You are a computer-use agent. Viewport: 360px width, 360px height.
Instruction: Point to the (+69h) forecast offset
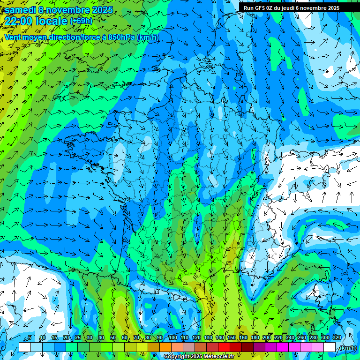[x=81, y=21]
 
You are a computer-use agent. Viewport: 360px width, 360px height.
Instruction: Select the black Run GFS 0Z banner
[x=295, y=7]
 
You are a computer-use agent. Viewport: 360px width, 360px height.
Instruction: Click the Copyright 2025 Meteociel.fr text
[x=199, y=357]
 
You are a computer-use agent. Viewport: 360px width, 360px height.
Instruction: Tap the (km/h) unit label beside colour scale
[x=347, y=348]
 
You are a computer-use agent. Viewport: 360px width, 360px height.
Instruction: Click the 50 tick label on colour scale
[x=112, y=337]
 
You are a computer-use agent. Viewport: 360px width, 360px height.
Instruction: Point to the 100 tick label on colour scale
[x=173, y=337]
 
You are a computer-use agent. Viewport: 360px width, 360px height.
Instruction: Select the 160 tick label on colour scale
[x=243, y=337]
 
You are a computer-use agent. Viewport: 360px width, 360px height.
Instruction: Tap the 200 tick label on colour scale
[x=267, y=337]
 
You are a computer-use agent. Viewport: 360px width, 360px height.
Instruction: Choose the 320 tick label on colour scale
[x=337, y=337]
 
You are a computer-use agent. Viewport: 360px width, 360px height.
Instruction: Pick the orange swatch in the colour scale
[x=165, y=347]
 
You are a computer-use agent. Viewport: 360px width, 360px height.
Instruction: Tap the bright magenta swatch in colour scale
[x=283, y=347]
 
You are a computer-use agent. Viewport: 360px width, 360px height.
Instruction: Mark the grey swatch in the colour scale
[x=188, y=347]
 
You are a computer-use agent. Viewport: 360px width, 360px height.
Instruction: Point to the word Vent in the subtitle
[x=13, y=37]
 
